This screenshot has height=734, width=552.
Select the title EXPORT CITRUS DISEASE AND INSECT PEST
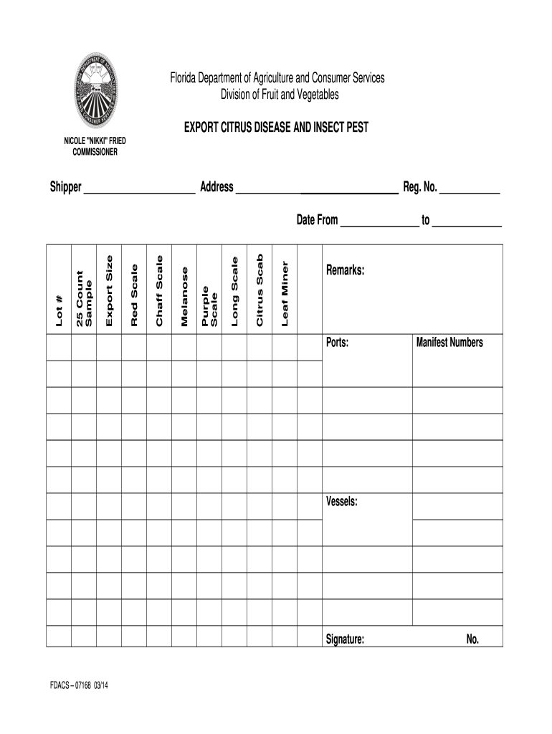point(276,127)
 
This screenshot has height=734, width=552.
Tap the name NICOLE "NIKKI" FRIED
point(95,142)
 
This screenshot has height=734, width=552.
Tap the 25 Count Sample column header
point(84,299)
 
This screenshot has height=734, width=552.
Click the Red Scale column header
point(134,295)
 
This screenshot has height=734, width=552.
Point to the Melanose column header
point(184,296)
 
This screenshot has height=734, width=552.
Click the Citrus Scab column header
point(260,290)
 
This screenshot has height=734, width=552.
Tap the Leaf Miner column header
point(285,294)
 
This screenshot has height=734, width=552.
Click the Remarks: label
point(346,271)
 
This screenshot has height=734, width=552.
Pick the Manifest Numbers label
point(449,343)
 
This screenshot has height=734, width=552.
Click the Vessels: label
point(342,502)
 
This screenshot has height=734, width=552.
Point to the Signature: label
point(345,639)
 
